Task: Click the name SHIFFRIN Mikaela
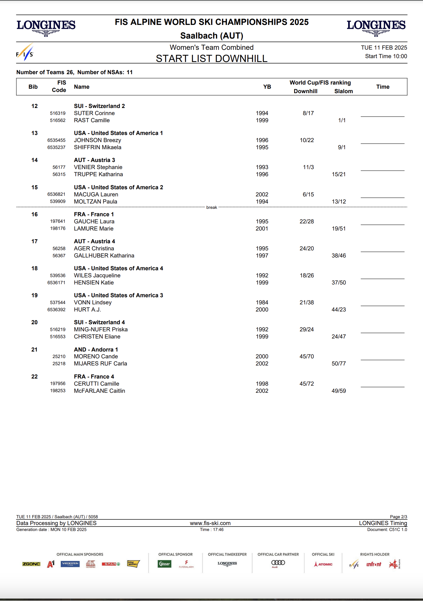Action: [98, 147]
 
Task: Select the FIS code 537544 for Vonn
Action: [58, 303]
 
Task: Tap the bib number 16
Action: [34, 214]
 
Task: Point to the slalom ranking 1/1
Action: [342, 120]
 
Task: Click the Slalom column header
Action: [344, 91]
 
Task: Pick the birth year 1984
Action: [262, 303]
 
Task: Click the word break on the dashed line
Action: [211, 207]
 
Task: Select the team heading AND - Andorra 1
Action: [96, 349]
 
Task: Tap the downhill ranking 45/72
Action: [306, 384]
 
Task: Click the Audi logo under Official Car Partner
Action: [278, 563]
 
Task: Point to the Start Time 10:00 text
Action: [386, 56]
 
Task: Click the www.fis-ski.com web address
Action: [210, 523]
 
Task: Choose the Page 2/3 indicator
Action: [398, 517]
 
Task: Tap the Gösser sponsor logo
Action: [164, 564]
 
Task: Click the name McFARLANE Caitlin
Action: [99, 391]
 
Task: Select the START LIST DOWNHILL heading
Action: [211, 59]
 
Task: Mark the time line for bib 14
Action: [382, 170]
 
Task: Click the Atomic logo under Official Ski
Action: [323, 564]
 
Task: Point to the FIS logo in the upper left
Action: [25, 53]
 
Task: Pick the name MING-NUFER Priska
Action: [101, 330]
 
